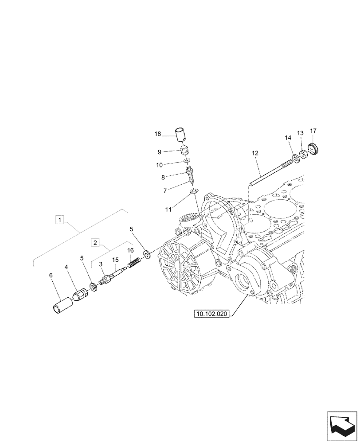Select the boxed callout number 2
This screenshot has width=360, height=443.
[x=95, y=242]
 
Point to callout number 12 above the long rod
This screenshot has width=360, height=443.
[x=255, y=153]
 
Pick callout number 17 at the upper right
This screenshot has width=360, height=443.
[x=313, y=131]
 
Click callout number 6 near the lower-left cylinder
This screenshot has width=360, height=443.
[x=51, y=276]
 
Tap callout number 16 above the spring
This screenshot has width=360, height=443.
[x=130, y=251]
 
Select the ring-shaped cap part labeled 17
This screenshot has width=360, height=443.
[x=313, y=148]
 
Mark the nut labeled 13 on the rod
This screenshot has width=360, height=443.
[x=303, y=155]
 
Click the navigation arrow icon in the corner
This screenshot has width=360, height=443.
[x=342, y=424]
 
